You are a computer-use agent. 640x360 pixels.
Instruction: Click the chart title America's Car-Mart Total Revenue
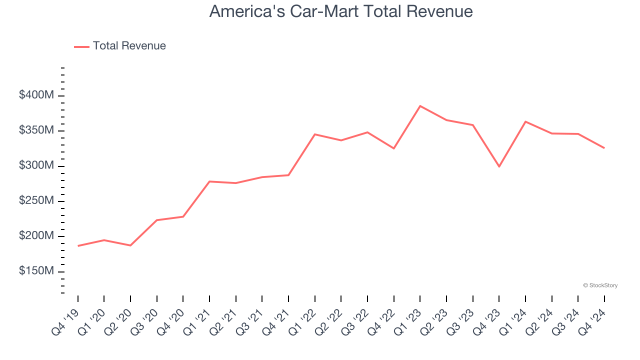[x=341, y=11]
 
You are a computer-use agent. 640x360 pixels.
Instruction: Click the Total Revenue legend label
[x=129, y=46]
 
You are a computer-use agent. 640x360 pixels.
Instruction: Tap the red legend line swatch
[x=81, y=46]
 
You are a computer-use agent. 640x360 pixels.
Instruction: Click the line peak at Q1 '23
[x=420, y=106]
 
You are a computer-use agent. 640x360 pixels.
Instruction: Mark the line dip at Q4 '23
[x=499, y=166]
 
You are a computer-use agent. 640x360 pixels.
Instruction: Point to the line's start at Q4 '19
[x=78, y=245]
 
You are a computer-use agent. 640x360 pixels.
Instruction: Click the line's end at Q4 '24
[x=604, y=148]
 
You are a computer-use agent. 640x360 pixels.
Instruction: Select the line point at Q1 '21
[x=209, y=181]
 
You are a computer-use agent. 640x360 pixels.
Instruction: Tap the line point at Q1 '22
[x=315, y=134]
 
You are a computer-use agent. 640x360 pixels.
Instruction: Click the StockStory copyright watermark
[x=600, y=285]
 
